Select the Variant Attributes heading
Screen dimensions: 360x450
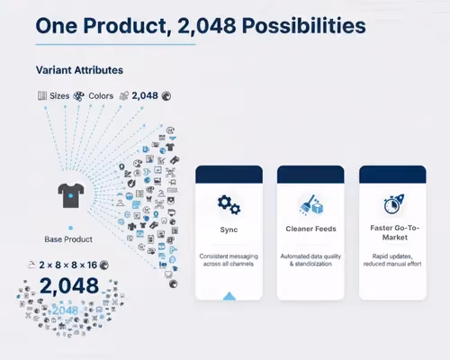pyautogui.click(x=79, y=69)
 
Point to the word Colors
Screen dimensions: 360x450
pyautogui.click(x=101, y=94)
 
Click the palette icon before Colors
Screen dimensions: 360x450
pyautogui.click(x=79, y=94)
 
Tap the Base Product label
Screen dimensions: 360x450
pyautogui.click(x=68, y=239)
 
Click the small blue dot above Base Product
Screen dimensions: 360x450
pyautogui.click(x=69, y=227)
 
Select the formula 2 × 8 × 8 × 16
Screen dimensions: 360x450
pyautogui.click(x=67, y=265)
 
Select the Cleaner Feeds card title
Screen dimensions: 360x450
pyautogui.click(x=310, y=229)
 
